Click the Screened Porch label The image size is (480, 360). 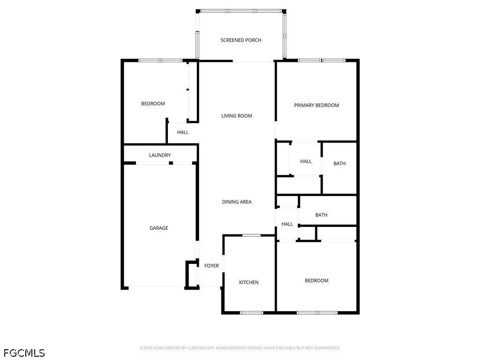(x=240, y=40)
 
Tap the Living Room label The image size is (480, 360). (x=237, y=116)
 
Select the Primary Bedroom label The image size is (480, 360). (x=316, y=105)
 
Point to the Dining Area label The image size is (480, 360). (x=237, y=202)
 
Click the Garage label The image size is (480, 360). (x=158, y=228)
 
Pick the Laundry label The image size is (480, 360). (x=160, y=155)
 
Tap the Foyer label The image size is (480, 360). (x=211, y=266)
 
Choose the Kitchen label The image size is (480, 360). (x=248, y=282)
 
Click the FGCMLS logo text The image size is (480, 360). (x=24, y=353)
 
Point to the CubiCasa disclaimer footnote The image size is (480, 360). (x=240, y=348)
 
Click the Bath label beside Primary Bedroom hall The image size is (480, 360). (x=339, y=164)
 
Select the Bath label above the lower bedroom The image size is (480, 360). (x=321, y=215)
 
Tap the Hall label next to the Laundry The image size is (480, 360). (x=183, y=132)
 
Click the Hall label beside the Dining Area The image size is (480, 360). (x=287, y=224)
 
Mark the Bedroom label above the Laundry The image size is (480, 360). (x=153, y=104)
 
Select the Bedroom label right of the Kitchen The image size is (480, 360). (x=316, y=280)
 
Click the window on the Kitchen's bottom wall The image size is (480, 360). (x=251, y=313)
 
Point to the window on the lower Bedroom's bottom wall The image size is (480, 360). (x=317, y=313)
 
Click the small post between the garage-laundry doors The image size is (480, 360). (x=171, y=163)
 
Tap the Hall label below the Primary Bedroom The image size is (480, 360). (x=306, y=161)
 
